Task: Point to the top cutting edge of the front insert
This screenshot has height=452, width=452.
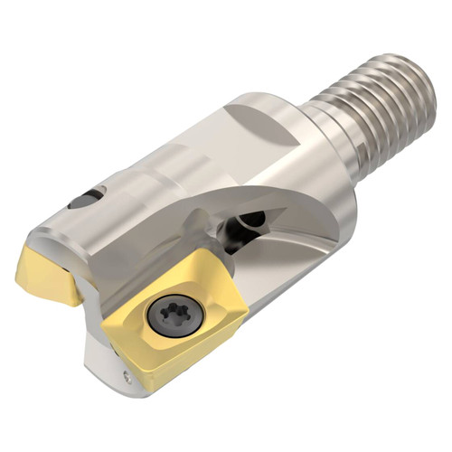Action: coord(181,276)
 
